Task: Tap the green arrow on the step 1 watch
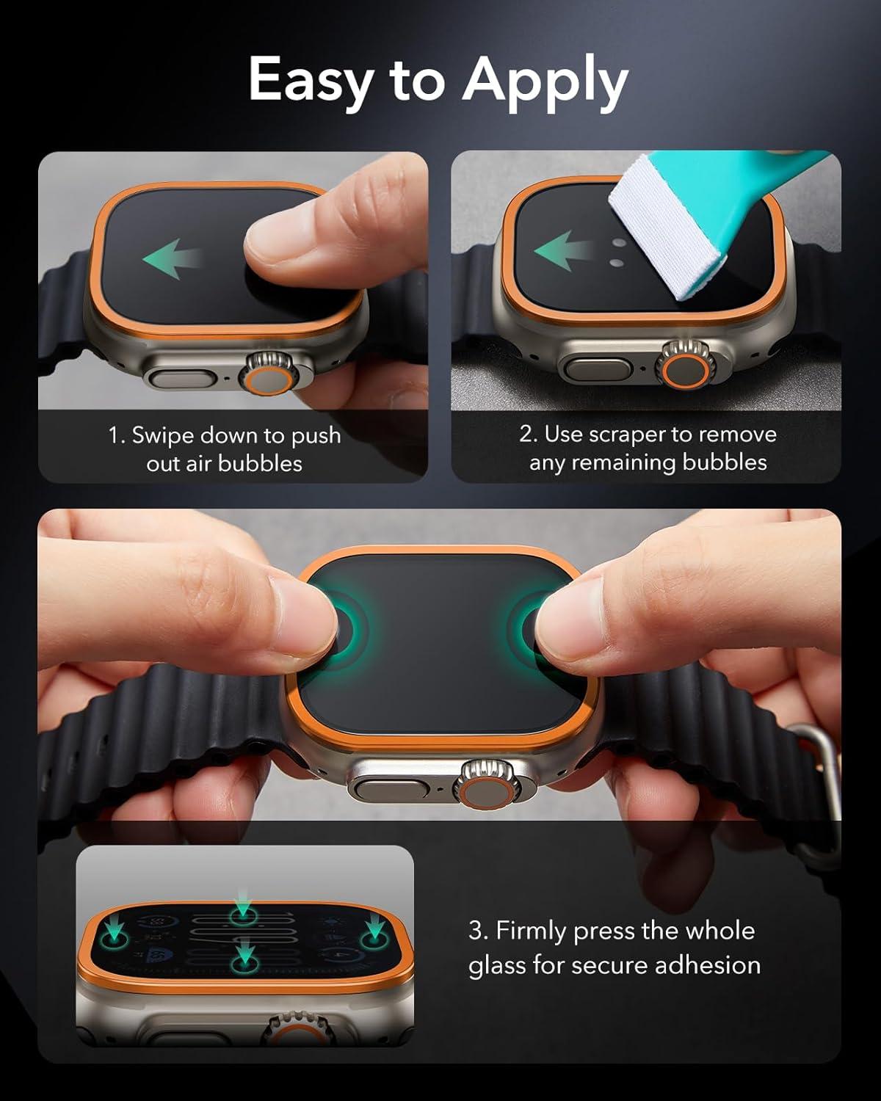[x=171, y=258]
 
